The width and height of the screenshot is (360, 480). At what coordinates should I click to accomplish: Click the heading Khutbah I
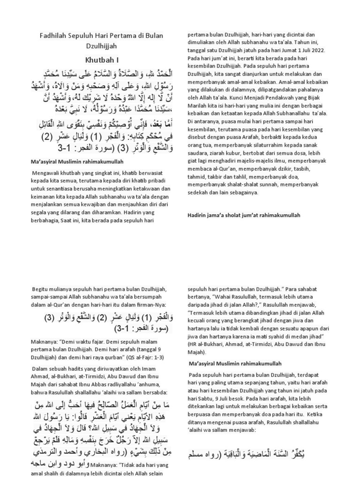tap(102, 60)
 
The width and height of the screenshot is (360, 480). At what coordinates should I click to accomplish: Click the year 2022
tap(324, 50)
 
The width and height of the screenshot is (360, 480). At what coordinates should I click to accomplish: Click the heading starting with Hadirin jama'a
tap(243, 215)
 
